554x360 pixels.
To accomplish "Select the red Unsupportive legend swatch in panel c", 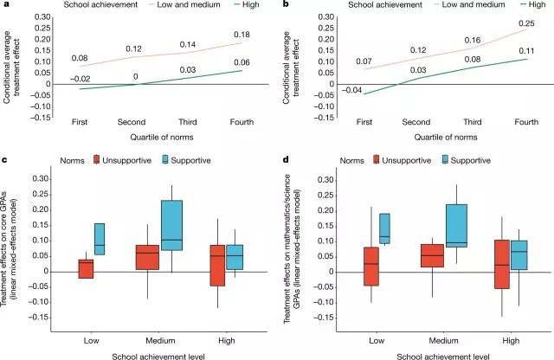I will click(97, 159).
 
